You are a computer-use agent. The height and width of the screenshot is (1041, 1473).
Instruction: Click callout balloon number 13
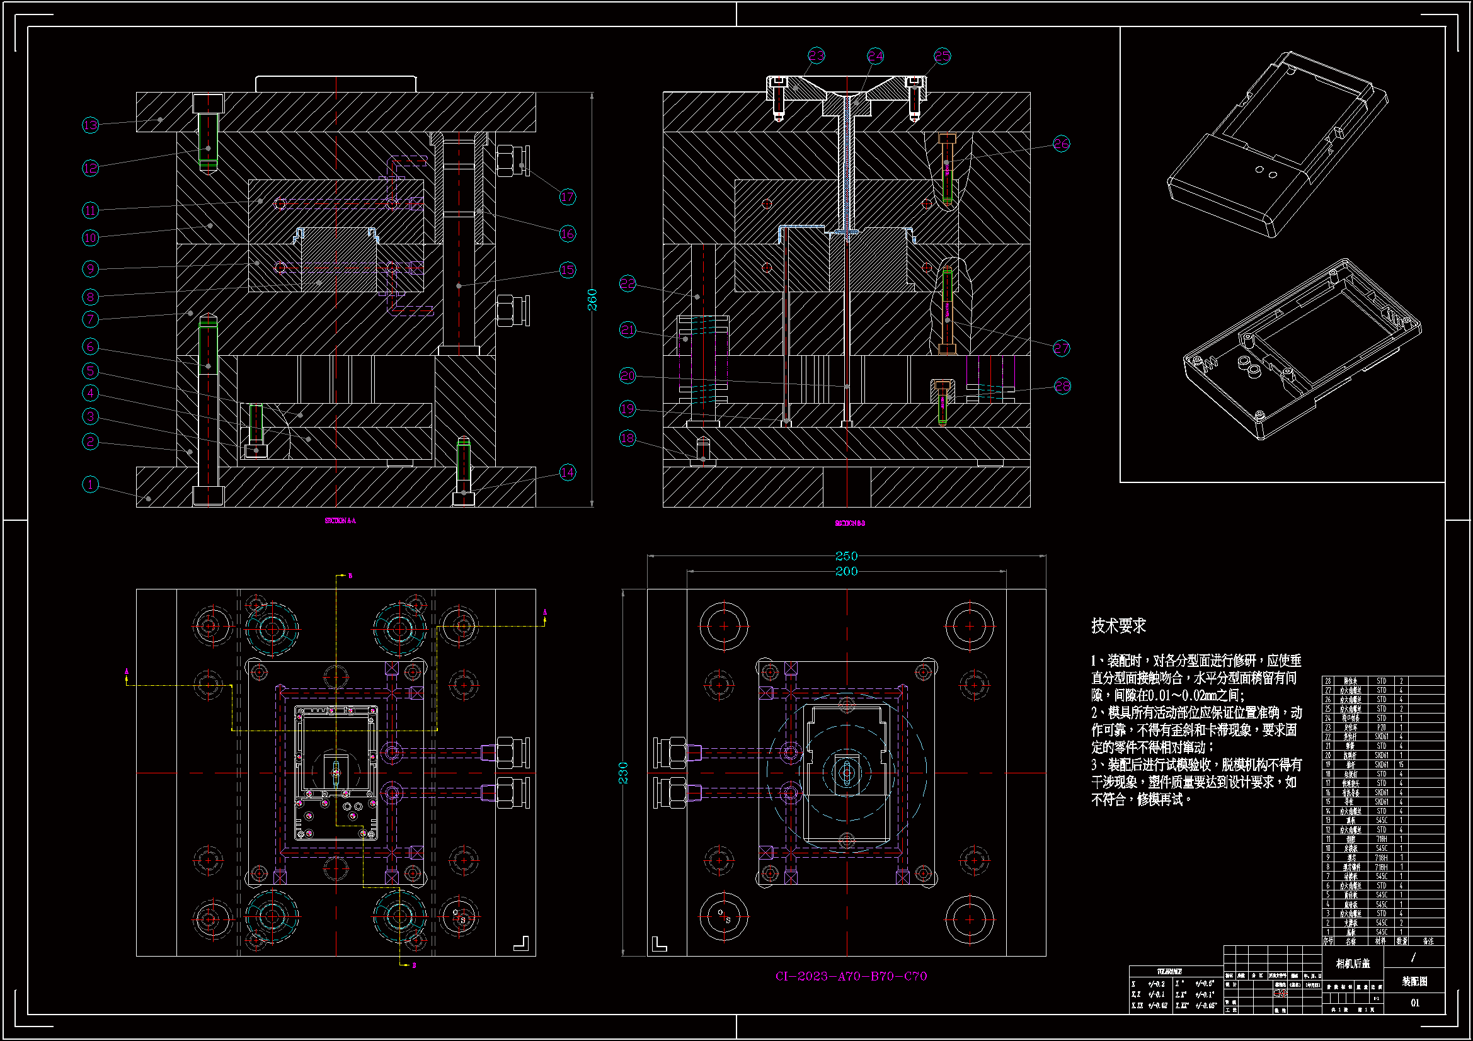click(x=91, y=125)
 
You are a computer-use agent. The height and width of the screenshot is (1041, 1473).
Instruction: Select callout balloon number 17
click(x=567, y=197)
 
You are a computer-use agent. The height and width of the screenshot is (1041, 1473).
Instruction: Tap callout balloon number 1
click(x=91, y=484)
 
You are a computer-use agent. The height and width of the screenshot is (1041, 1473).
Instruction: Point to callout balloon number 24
click(x=875, y=57)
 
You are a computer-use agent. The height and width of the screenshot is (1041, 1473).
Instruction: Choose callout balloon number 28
click(x=1062, y=386)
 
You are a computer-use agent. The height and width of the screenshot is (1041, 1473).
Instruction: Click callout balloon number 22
click(x=628, y=283)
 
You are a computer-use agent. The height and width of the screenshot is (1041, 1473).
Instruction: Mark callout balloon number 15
click(x=567, y=270)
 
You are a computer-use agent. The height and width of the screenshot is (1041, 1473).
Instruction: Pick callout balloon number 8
click(x=91, y=297)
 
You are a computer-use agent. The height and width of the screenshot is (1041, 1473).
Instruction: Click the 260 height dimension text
click(x=592, y=300)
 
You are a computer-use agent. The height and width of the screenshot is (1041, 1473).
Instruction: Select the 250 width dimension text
click(x=846, y=556)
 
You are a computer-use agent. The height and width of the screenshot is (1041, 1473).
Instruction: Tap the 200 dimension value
click(x=846, y=571)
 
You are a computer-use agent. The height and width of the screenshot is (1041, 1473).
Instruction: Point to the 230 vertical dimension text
click(x=623, y=773)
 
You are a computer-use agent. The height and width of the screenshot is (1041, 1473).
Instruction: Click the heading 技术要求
click(x=1118, y=626)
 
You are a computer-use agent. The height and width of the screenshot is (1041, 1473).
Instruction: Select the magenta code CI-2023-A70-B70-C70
click(x=851, y=976)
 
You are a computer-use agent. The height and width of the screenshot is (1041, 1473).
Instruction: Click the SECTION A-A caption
click(x=340, y=521)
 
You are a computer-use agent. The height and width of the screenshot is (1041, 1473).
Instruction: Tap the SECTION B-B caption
click(x=849, y=523)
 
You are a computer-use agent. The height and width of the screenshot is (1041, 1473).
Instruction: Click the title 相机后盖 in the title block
click(x=1353, y=964)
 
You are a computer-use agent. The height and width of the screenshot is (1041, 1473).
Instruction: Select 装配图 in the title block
click(x=1414, y=981)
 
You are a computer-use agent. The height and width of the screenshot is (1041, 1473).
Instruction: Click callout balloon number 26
click(x=1061, y=144)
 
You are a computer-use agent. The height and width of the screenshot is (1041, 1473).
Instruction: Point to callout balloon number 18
click(x=628, y=438)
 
